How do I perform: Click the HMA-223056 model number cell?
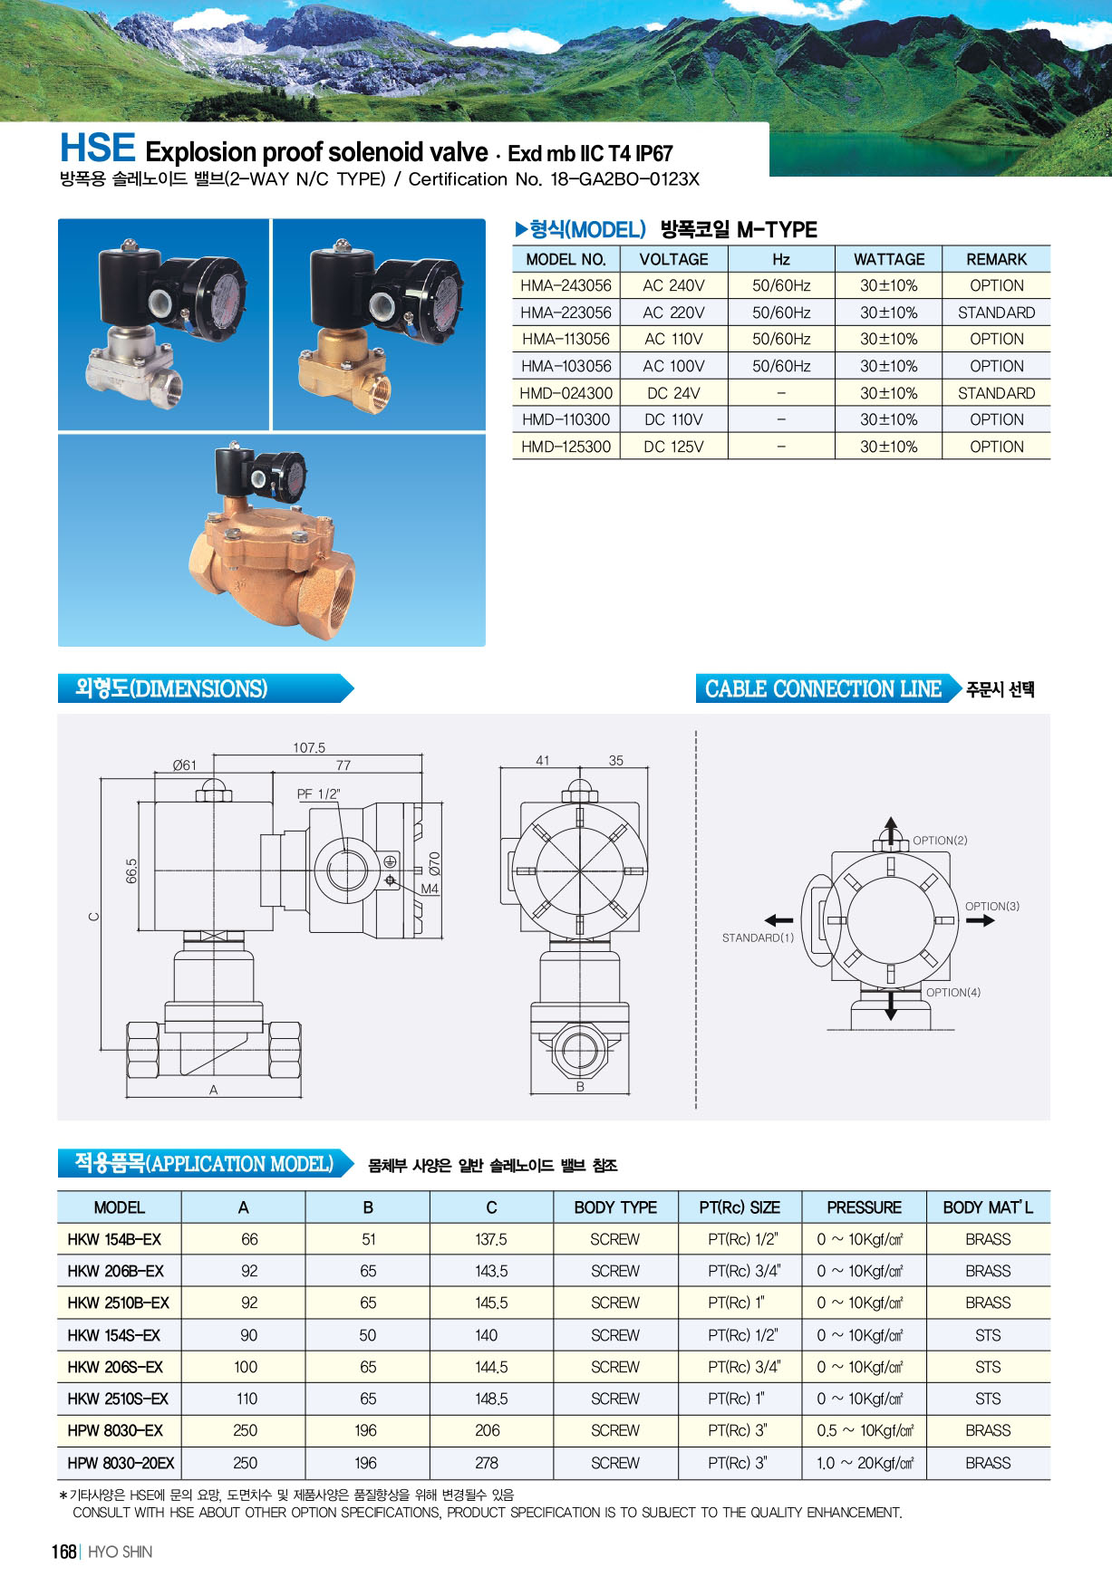click(x=566, y=313)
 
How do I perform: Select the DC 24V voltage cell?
click(x=673, y=393)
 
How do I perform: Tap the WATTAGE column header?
click(x=889, y=259)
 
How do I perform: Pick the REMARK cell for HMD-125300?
click(x=996, y=447)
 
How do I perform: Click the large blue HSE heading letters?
click(x=98, y=148)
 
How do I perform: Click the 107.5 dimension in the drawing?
click(x=309, y=748)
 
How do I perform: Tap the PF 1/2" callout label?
click(x=319, y=794)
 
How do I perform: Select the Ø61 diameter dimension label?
click(x=185, y=765)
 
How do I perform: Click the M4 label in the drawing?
click(x=430, y=889)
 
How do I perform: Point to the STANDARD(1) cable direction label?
click(x=758, y=938)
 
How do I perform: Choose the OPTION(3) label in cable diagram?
click(x=992, y=906)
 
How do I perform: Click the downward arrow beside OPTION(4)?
click(x=891, y=1005)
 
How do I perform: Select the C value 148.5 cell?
click(x=491, y=1399)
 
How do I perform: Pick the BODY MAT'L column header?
click(x=988, y=1207)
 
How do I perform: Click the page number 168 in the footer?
click(x=63, y=1552)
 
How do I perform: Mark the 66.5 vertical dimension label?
click(x=132, y=871)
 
